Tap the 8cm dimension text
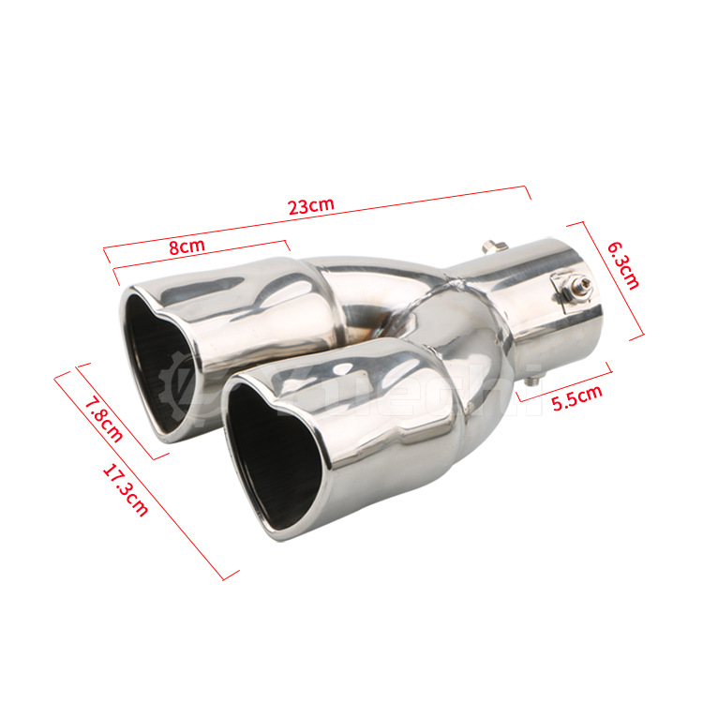click(x=187, y=247)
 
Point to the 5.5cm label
click(x=576, y=398)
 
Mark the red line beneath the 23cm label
click(x=319, y=219)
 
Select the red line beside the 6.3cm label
click(x=607, y=281)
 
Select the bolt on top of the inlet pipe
click(x=491, y=247)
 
